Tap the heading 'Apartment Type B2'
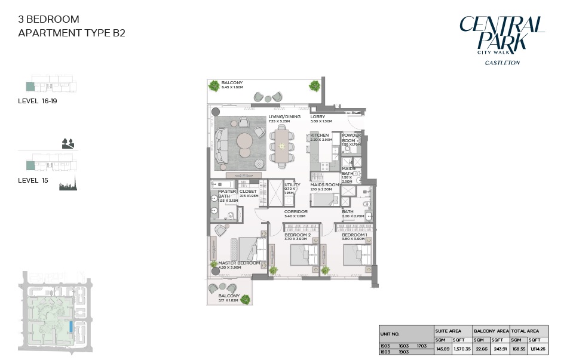click(x=72, y=33)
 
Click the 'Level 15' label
click(x=33, y=180)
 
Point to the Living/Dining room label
click(x=284, y=116)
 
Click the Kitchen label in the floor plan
click(x=319, y=136)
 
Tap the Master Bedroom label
click(x=238, y=263)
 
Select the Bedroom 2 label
click(x=297, y=235)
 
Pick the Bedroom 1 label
click(x=354, y=235)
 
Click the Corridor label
click(x=296, y=211)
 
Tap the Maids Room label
click(x=324, y=185)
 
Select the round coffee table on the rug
click(x=246, y=143)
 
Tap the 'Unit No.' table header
click(x=391, y=334)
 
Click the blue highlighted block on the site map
click(x=71, y=327)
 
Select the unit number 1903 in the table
click(x=404, y=352)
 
